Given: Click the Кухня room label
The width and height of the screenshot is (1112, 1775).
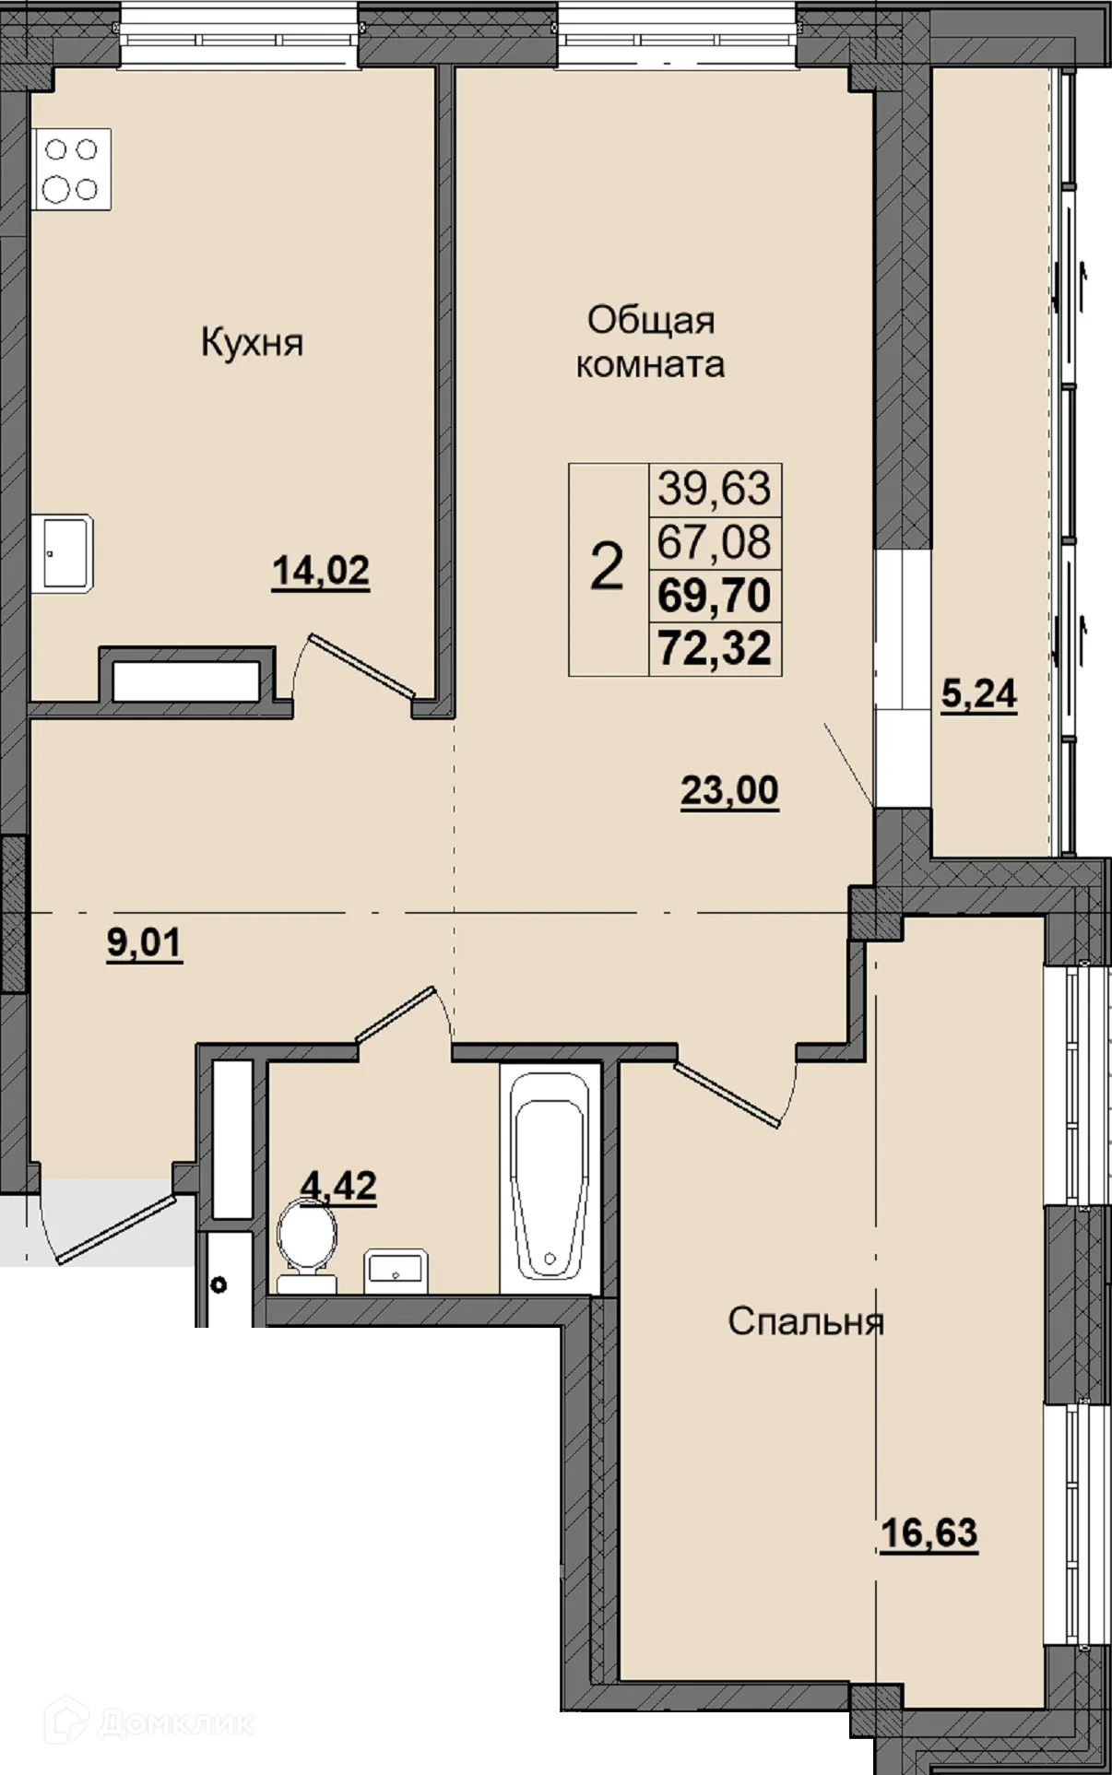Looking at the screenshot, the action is point(252,344).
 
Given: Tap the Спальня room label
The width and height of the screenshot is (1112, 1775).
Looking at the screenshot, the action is point(806,1322).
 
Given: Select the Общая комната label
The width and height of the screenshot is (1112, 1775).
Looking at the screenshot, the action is point(651,342).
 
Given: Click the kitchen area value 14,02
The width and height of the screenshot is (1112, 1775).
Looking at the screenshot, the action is point(321,572).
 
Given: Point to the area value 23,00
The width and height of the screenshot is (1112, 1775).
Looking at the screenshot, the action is point(729,791).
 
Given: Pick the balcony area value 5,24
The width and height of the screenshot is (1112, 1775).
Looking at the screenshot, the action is point(978,693).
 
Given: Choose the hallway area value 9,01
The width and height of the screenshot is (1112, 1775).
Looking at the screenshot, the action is point(145,944).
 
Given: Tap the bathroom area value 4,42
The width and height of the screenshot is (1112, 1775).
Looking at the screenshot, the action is point(339,1186).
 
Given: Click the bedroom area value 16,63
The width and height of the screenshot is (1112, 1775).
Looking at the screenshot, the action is point(929,1534).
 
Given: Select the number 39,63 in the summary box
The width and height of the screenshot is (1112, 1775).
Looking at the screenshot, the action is point(715,488).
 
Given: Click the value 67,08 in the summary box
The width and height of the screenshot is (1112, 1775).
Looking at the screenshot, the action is point(715,541).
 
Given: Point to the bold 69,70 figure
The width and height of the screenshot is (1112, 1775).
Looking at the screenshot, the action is point(715,596).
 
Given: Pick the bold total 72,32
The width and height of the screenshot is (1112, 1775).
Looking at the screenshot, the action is point(715,648).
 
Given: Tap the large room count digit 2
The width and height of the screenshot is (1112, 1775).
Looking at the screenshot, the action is point(607,567).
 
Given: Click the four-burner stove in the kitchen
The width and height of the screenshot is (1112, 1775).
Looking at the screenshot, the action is point(72,169).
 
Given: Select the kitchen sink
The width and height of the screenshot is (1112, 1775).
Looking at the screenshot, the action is point(62,553).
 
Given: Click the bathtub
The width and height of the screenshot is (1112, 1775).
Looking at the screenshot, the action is point(550,1177).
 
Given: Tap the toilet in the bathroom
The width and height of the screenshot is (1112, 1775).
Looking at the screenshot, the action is point(307,1245).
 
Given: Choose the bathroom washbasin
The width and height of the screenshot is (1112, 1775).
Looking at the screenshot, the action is point(395,1271).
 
